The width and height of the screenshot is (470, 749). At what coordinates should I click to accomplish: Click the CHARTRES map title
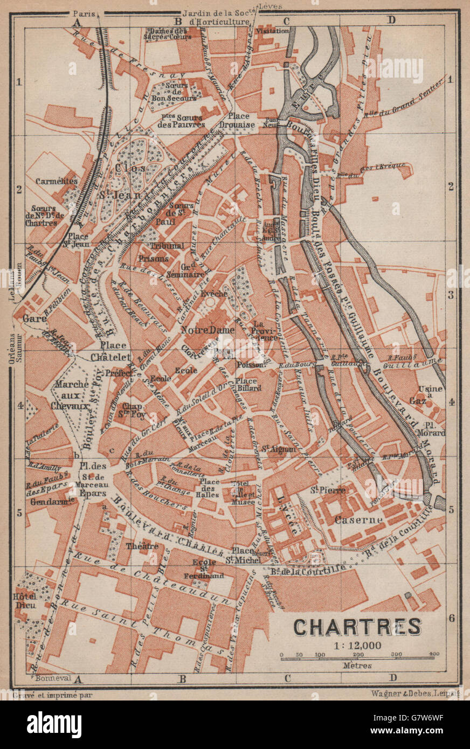point(357,627)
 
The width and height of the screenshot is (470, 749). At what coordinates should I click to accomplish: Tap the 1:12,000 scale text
point(357,645)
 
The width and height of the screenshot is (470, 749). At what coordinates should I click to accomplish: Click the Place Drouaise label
point(238,120)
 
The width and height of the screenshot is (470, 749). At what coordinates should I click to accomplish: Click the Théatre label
point(142,546)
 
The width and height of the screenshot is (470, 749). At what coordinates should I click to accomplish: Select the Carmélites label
point(57,182)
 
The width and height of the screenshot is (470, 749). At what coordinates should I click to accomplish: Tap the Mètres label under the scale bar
point(356,665)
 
